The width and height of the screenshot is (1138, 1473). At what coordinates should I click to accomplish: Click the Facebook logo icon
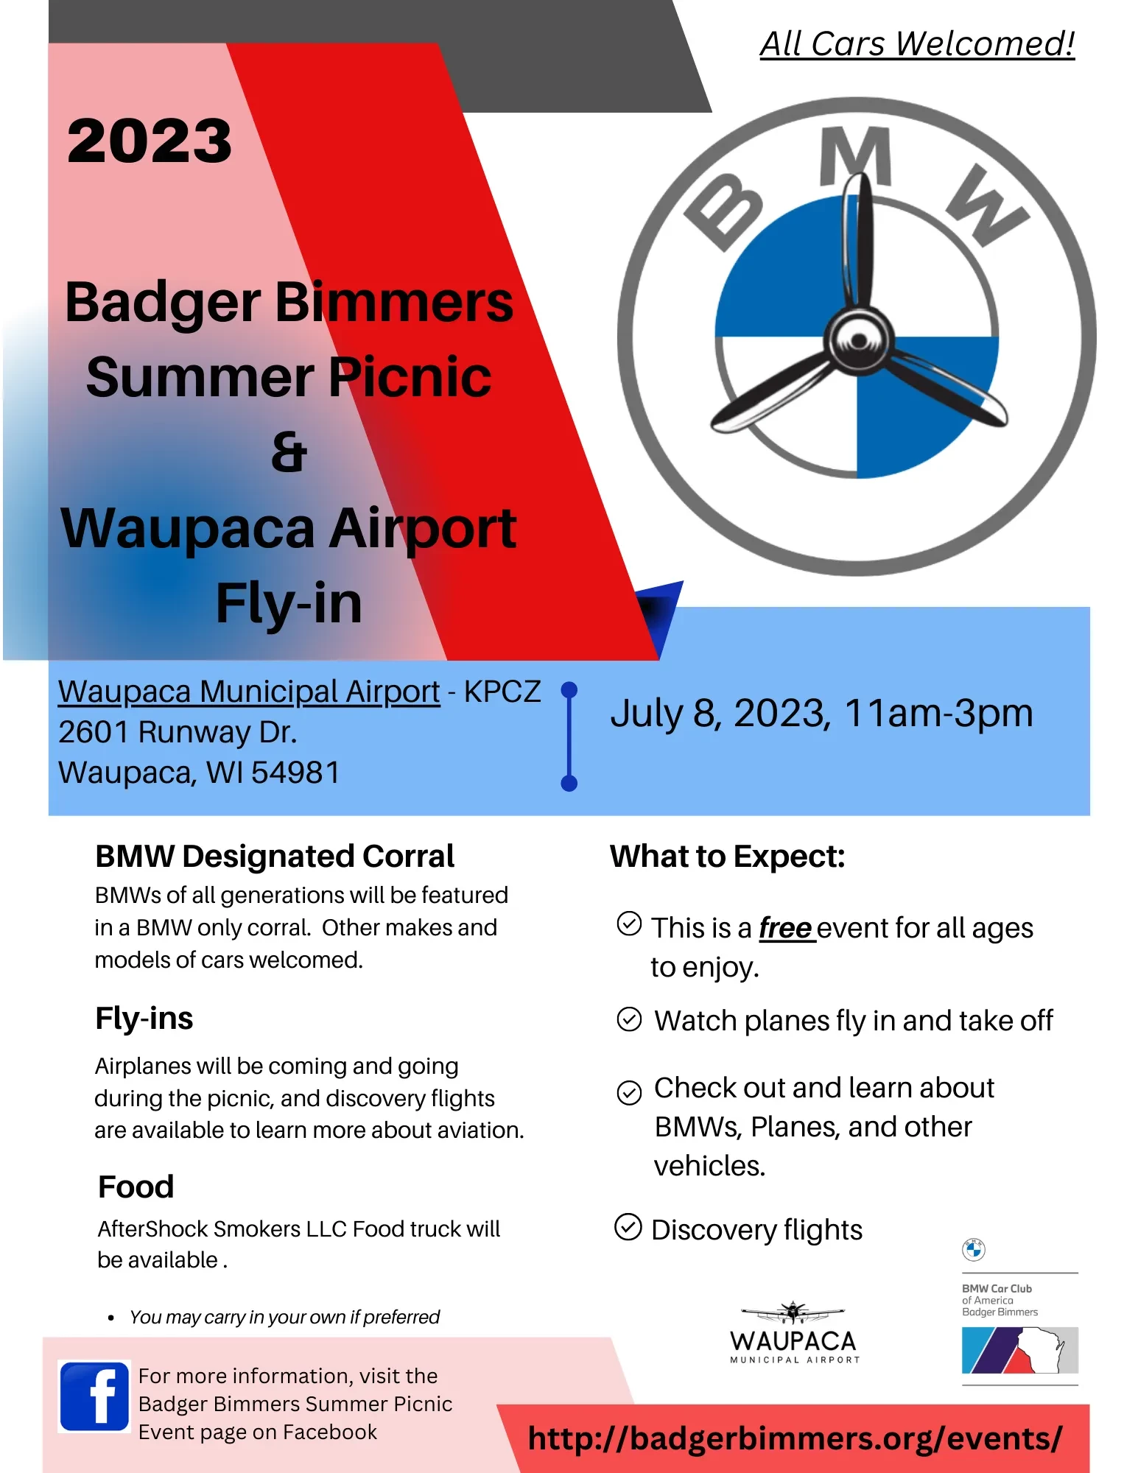point(94,1396)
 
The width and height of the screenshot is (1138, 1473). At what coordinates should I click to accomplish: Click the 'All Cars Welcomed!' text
point(917,43)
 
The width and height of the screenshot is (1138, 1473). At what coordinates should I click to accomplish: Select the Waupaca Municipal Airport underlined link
point(249,692)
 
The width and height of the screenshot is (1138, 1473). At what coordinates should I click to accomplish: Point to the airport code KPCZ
point(502,692)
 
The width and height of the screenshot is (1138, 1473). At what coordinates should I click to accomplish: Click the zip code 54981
point(296,773)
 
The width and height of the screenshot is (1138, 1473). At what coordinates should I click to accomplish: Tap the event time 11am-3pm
point(938,713)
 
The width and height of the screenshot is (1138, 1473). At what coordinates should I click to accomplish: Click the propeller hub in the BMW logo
point(858,340)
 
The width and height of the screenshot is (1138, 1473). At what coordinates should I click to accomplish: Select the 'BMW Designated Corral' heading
point(275,857)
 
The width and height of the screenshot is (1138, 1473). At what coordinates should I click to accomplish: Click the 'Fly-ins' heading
point(144,1019)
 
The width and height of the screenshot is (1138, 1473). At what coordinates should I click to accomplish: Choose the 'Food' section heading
point(136,1187)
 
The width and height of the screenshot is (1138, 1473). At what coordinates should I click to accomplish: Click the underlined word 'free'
point(786,928)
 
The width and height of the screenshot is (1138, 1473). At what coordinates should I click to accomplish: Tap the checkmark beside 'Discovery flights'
point(628,1227)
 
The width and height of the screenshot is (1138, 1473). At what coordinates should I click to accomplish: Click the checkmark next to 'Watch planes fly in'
point(629,1019)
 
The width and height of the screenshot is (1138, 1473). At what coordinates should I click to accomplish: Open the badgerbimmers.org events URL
point(795,1438)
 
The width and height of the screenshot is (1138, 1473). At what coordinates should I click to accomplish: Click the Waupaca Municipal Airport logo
point(794,1332)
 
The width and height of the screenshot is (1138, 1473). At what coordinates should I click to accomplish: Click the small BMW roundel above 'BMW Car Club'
point(974,1249)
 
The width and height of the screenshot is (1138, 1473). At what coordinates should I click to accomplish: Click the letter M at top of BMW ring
point(856,155)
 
